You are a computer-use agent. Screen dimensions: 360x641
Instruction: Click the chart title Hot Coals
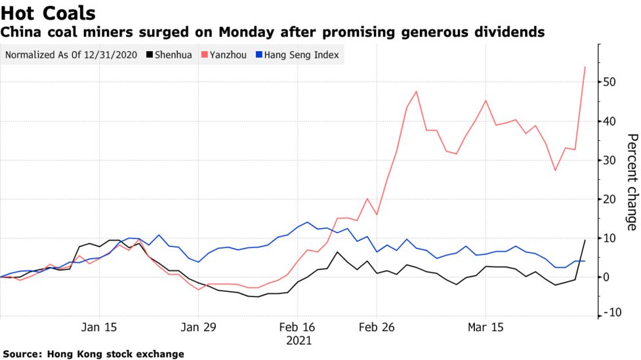pos(49,12)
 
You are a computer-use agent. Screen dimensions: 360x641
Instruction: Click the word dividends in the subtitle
pos(512,31)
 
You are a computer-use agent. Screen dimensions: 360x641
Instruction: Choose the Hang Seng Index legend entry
pos(301,55)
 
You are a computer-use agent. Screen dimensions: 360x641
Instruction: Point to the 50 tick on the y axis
pos(611,82)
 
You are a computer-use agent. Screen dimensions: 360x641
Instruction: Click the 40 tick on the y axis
pos(611,121)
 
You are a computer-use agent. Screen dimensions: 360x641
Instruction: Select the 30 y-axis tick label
pos(611,160)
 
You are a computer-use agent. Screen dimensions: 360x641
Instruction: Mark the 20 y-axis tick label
pos(611,199)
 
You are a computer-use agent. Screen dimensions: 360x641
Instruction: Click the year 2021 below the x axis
pos(299,341)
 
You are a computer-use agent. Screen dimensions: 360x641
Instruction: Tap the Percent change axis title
pos(631,182)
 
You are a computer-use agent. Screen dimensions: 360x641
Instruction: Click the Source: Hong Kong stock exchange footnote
pos(93,354)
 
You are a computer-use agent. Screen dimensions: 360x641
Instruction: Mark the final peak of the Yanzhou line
pos(585,67)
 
